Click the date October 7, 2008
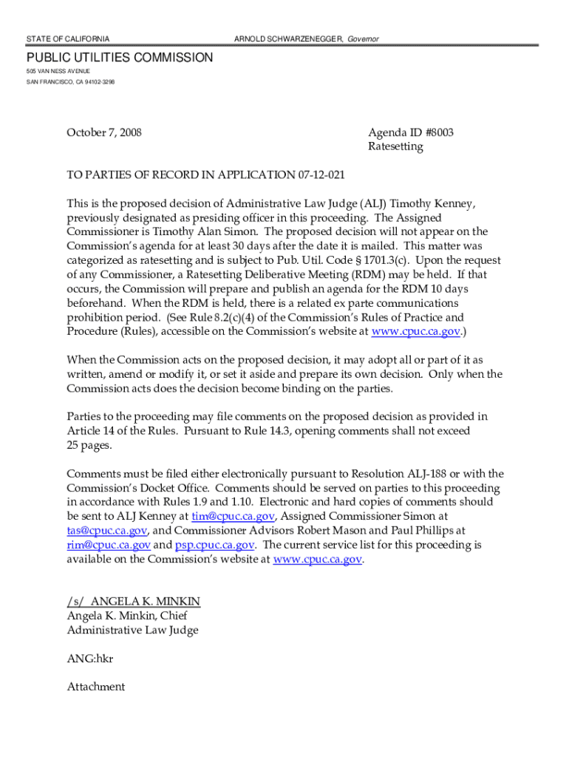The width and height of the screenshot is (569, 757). pyautogui.click(x=104, y=133)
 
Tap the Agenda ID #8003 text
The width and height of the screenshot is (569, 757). pyautogui.click(x=411, y=133)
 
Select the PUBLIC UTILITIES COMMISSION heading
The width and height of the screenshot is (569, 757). pyautogui.click(x=120, y=58)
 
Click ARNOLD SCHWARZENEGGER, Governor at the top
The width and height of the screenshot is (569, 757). pyautogui.click(x=307, y=38)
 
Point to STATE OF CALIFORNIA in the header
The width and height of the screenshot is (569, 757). pyautogui.click(x=68, y=38)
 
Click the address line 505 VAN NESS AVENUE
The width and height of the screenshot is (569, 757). pyautogui.click(x=59, y=70)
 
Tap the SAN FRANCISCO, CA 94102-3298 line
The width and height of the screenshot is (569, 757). pyautogui.click(x=71, y=81)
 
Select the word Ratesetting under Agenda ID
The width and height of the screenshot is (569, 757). pyautogui.click(x=395, y=146)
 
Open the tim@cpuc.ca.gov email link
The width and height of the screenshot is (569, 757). pyautogui.click(x=233, y=516)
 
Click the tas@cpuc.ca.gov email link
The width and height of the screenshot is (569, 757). pyautogui.click(x=107, y=530)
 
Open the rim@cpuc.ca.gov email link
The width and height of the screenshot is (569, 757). pyautogui.click(x=109, y=545)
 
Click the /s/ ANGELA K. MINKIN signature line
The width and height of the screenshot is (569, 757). pyautogui.click(x=134, y=602)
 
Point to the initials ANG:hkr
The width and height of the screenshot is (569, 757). pyautogui.click(x=90, y=659)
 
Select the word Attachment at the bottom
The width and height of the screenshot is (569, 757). pyautogui.click(x=96, y=687)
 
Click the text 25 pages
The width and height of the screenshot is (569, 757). pyautogui.click(x=89, y=445)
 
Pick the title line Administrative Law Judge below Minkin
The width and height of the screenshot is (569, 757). pyautogui.click(x=133, y=631)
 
